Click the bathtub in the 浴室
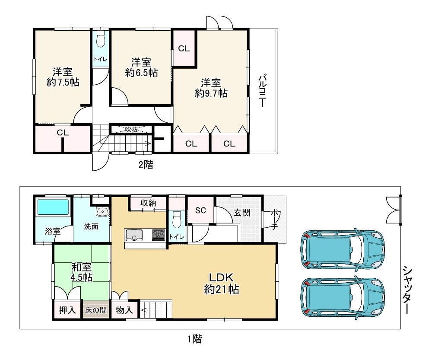(x=53, y=207)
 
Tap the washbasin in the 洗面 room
(x=102, y=211)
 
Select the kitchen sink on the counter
(x=134, y=235)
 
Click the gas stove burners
(x=159, y=235)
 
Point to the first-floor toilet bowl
(x=177, y=219)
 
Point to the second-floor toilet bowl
(x=101, y=39)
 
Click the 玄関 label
(x=242, y=212)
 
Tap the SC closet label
(x=200, y=210)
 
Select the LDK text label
(x=221, y=277)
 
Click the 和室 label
(x=82, y=267)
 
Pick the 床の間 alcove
(x=95, y=309)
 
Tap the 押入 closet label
(x=67, y=310)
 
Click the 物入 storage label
(x=124, y=310)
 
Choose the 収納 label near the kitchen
(x=148, y=203)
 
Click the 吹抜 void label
(x=131, y=129)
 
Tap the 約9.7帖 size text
(x=211, y=93)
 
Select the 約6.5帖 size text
(x=141, y=73)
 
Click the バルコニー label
(x=262, y=90)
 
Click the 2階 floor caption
(x=146, y=165)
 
